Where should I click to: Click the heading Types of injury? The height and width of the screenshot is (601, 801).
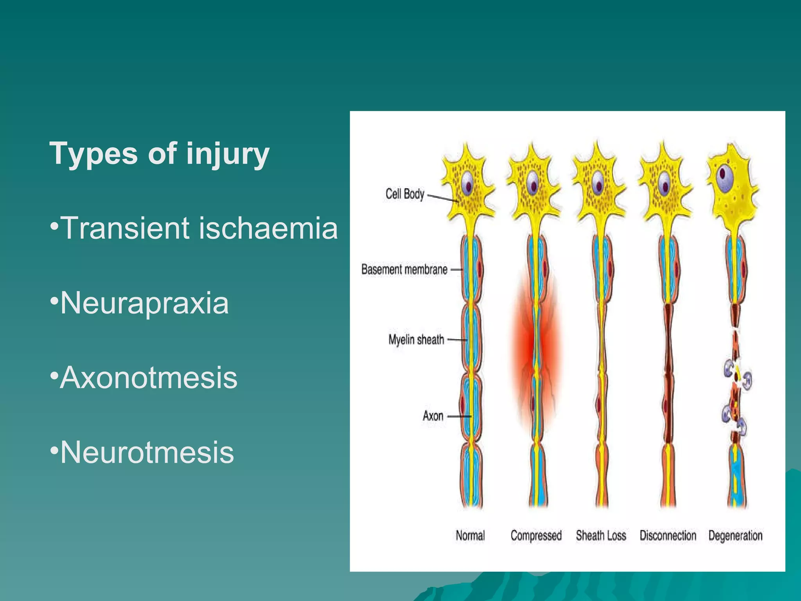159,153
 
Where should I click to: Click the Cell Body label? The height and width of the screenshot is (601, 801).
405,194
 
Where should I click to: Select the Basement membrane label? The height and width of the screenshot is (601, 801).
404,270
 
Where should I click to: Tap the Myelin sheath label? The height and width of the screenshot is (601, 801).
416,340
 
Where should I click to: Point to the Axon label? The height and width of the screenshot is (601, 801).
433,416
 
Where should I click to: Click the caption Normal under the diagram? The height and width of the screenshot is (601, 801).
470,535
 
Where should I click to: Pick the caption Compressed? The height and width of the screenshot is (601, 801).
536,535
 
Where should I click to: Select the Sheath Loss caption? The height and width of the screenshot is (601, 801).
601,535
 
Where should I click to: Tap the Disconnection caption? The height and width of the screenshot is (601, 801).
668,535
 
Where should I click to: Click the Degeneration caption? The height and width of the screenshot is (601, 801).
735,535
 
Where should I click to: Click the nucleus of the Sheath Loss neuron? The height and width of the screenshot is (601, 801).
598,183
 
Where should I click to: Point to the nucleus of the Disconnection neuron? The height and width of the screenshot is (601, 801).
664,183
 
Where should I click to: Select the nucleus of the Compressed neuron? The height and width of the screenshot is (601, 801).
533,183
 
